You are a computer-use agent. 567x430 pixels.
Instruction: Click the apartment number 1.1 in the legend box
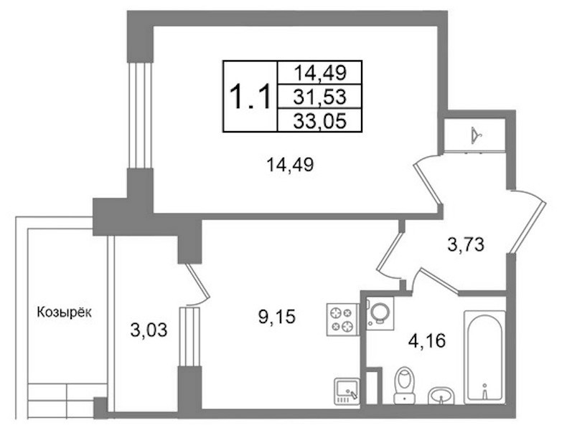pyautogui.click(x=250, y=96)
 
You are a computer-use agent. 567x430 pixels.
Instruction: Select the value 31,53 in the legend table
pyautogui.click(x=320, y=97)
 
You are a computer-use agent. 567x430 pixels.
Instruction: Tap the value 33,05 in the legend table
pyautogui.click(x=320, y=120)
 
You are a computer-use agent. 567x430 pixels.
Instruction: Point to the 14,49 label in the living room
pyautogui.click(x=290, y=166)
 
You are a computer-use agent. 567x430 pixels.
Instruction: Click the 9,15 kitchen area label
pyautogui.click(x=277, y=317)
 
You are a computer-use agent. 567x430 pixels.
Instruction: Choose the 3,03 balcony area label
pyautogui.click(x=149, y=330)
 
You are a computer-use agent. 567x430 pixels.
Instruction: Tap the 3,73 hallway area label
pyautogui.click(x=466, y=245)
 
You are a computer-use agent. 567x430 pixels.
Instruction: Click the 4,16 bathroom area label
pyautogui.click(x=427, y=340)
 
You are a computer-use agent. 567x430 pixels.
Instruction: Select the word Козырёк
pyautogui.click(x=65, y=312)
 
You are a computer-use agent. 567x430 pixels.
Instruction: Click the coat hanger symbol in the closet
pyautogui.click(x=477, y=135)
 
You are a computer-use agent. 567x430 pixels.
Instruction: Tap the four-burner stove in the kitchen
pyautogui.click(x=342, y=320)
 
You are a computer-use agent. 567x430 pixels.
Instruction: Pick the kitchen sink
pyautogui.click(x=347, y=391)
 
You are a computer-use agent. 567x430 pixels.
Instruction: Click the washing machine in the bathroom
pyautogui.click(x=380, y=312)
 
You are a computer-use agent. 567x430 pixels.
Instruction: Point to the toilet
pyautogui.click(x=404, y=386)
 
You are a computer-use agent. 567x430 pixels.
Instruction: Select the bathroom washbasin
pyautogui.click(x=441, y=396)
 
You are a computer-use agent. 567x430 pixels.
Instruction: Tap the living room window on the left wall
pyautogui.click(x=140, y=115)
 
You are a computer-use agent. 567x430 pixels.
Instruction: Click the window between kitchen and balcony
pyautogui.click(x=189, y=337)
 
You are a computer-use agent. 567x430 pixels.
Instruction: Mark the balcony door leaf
pyautogui.click(x=197, y=282)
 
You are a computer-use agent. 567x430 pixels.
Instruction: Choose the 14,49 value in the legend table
pyautogui.click(x=320, y=73)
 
